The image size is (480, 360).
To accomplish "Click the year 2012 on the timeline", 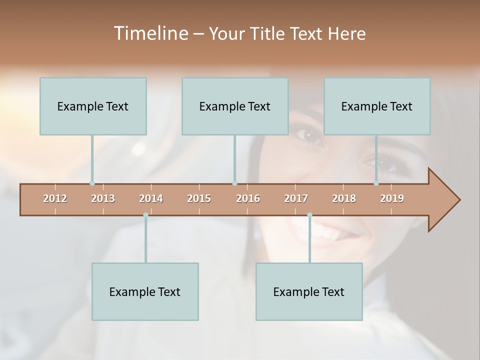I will pyautogui.click(x=55, y=198).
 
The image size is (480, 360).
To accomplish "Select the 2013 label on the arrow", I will pyautogui.click(x=103, y=198).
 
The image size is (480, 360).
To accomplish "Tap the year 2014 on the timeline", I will pyautogui.click(x=151, y=198).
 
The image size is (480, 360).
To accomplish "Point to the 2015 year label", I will pyautogui.click(x=199, y=198).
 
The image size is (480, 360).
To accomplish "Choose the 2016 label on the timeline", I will pyautogui.click(x=248, y=198).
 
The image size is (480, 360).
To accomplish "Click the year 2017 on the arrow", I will pyautogui.click(x=296, y=198).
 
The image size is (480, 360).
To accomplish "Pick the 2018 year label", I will pyautogui.click(x=344, y=198).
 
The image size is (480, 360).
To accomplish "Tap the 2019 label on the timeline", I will pyautogui.click(x=392, y=198).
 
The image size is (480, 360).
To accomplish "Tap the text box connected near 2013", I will pyautogui.click(x=93, y=106).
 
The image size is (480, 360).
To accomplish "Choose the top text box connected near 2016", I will pyautogui.click(x=235, y=106).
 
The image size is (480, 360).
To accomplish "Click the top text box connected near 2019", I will pyautogui.click(x=377, y=106).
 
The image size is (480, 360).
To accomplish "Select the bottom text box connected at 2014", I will pyautogui.click(x=145, y=291).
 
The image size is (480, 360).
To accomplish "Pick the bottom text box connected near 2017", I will pyautogui.click(x=309, y=291).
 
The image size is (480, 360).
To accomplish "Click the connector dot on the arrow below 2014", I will pyautogui.click(x=145, y=215).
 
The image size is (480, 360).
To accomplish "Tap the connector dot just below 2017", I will pyautogui.click(x=309, y=215).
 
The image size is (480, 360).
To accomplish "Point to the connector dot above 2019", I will pyautogui.click(x=376, y=183).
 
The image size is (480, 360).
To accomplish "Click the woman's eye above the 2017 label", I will pyautogui.click(x=309, y=134).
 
